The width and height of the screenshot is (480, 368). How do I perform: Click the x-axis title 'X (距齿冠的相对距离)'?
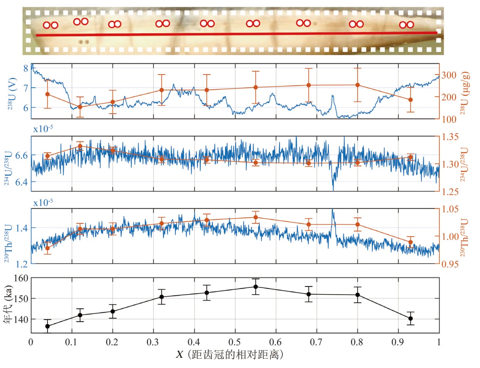pyautogui.click(x=230, y=355)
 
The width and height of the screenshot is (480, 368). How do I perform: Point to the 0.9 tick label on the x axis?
pyautogui.click(x=398, y=342)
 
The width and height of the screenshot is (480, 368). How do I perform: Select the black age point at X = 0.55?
pyautogui.click(x=256, y=287)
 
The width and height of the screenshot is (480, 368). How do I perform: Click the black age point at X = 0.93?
pyautogui.click(x=411, y=318)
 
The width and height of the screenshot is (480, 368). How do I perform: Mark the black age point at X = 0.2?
pyautogui.click(x=113, y=311)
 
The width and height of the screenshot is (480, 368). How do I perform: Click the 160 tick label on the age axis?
pyautogui.click(x=21, y=278)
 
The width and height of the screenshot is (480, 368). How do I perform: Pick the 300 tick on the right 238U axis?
pyautogui.click(x=449, y=75)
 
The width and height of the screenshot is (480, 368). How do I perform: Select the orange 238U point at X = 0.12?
pyautogui.click(x=80, y=107)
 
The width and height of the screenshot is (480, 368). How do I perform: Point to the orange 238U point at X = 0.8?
pyautogui.click(x=357, y=85)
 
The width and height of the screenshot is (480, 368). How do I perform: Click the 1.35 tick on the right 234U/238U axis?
pyautogui.click(x=450, y=137)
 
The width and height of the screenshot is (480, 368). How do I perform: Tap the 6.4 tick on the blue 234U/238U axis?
pyautogui.click(x=21, y=182)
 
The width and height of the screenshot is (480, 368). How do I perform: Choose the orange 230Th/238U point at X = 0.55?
pyautogui.click(x=256, y=217)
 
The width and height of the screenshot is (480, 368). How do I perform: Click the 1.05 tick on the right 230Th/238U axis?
pyautogui.click(x=450, y=209)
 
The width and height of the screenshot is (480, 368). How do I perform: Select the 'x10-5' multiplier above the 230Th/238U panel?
pyautogui.click(x=43, y=203)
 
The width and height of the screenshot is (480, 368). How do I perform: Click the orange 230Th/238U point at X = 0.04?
pyautogui.click(x=47, y=248)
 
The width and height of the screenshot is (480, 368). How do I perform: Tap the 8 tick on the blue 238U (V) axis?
pyautogui.click(x=26, y=69)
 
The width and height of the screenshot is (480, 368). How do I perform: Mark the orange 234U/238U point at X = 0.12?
pyautogui.click(x=80, y=146)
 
